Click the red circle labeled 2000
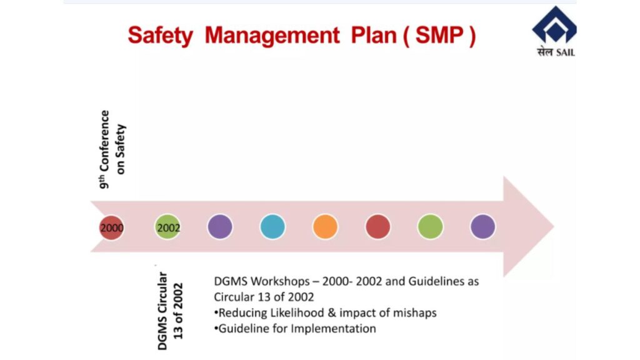click(111, 227)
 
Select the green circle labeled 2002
click(167, 227)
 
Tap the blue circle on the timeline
click(272, 226)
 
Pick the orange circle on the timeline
click(325, 226)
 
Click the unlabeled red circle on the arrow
click(378, 226)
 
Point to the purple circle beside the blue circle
click(220, 226)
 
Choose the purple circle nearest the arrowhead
click(483, 226)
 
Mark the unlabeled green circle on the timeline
click(430, 226)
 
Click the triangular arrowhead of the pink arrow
click(526, 226)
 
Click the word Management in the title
click(272, 36)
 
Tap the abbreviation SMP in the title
click(439, 35)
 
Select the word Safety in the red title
click(160, 36)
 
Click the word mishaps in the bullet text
click(415, 314)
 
